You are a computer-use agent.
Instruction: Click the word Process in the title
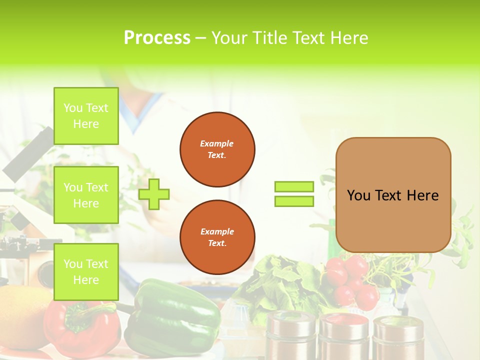(x=156, y=38)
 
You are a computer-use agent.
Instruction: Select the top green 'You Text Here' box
(x=86, y=116)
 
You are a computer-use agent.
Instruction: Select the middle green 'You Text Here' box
(x=86, y=195)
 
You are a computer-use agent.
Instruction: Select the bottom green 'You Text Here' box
(x=86, y=272)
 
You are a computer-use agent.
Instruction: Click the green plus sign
(x=154, y=194)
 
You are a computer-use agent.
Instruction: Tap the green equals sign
(x=294, y=194)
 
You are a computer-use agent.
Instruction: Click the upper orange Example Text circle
(x=217, y=149)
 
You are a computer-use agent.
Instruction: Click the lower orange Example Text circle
(x=217, y=237)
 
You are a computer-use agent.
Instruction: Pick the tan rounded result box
(x=393, y=195)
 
